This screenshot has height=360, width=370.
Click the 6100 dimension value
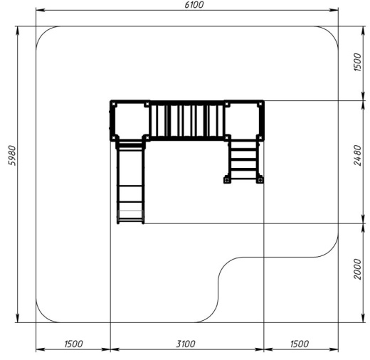pyautogui.click(x=194, y=5)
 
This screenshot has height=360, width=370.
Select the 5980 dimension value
pyautogui.click(x=12, y=155)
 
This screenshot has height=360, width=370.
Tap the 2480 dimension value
pyautogui.click(x=357, y=155)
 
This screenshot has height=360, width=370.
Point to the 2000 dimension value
pyautogui.click(x=357, y=269)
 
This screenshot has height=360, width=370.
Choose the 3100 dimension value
pyautogui.click(x=186, y=344)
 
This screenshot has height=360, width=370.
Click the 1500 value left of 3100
pyautogui.click(x=73, y=344)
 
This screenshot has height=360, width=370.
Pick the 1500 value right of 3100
pyautogui.click(x=300, y=344)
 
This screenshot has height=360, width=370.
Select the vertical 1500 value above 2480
pyautogui.click(x=357, y=62)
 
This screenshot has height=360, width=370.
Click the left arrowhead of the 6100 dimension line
pyautogui.click(x=41, y=10)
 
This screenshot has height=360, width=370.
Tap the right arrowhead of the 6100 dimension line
pyautogui.click(x=334, y=10)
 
